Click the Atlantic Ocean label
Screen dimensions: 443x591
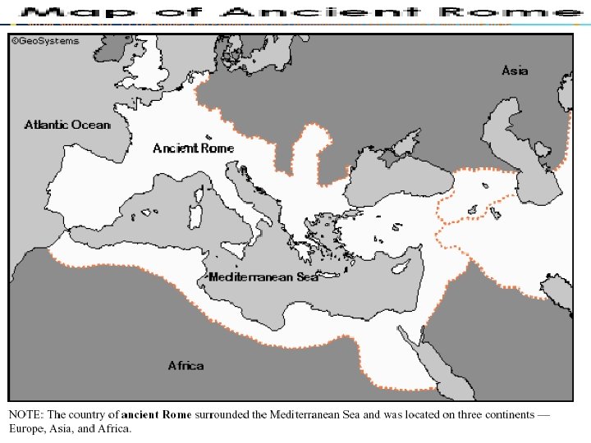tap(66, 125)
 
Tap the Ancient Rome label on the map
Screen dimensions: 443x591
tap(193, 148)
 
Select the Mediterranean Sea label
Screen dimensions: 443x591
tap(263, 277)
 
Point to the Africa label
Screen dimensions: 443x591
tap(186, 365)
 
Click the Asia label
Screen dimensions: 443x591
tap(515, 71)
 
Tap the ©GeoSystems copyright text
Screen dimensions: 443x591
tap(45, 41)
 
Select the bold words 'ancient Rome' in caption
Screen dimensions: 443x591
tap(157, 414)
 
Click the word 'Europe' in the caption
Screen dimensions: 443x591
tap(25, 428)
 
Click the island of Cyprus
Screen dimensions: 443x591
tap(401, 268)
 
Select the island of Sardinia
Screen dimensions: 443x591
tap(197, 217)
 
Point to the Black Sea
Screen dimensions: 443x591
tap(398, 176)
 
